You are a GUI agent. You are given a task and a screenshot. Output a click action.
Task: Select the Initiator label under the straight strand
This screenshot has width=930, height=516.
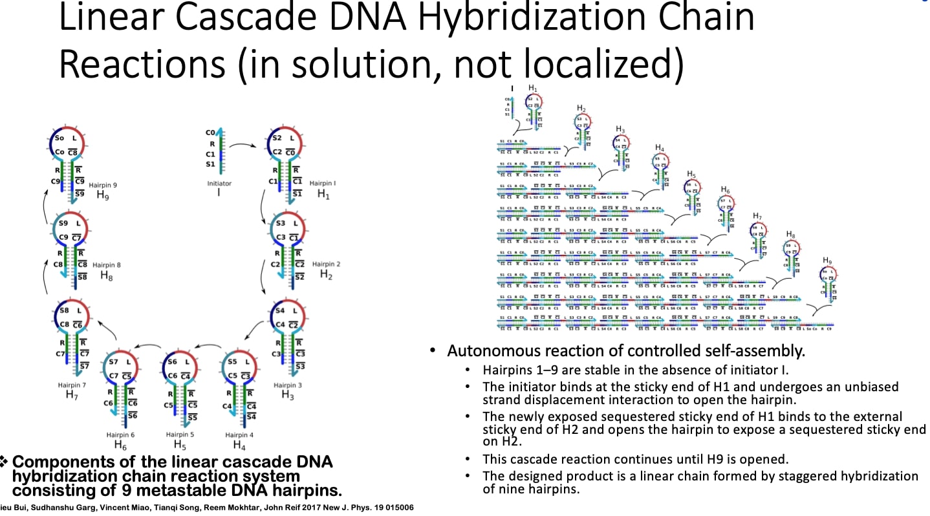click(219, 184)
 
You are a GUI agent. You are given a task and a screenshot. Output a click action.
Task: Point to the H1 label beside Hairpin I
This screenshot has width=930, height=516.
click(323, 194)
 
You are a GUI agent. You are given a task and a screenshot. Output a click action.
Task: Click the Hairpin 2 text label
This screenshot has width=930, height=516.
click(326, 264)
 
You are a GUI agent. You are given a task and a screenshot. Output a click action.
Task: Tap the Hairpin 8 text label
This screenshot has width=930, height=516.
click(107, 265)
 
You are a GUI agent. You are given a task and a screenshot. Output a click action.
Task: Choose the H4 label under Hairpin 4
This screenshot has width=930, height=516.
click(239, 445)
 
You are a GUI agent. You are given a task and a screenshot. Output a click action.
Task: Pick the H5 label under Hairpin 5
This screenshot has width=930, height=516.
click(180, 445)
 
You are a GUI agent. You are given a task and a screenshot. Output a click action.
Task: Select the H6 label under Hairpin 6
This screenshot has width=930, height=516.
click(120, 445)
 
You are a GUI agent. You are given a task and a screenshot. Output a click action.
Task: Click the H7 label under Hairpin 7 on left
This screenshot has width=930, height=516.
click(71, 394)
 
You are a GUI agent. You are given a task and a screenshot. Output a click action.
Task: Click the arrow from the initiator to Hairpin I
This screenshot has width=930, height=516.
click(246, 145)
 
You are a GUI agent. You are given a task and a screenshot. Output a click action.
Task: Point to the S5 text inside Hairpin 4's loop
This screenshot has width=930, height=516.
click(232, 362)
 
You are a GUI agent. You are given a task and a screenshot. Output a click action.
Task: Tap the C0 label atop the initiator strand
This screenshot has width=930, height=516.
click(210, 133)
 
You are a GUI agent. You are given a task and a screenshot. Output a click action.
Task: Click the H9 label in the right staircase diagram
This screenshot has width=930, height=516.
click(827, 260)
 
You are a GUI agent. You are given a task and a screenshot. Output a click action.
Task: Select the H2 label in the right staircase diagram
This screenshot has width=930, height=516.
click(581, 108)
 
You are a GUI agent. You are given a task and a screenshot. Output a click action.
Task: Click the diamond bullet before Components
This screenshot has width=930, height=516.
click(5, 462)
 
